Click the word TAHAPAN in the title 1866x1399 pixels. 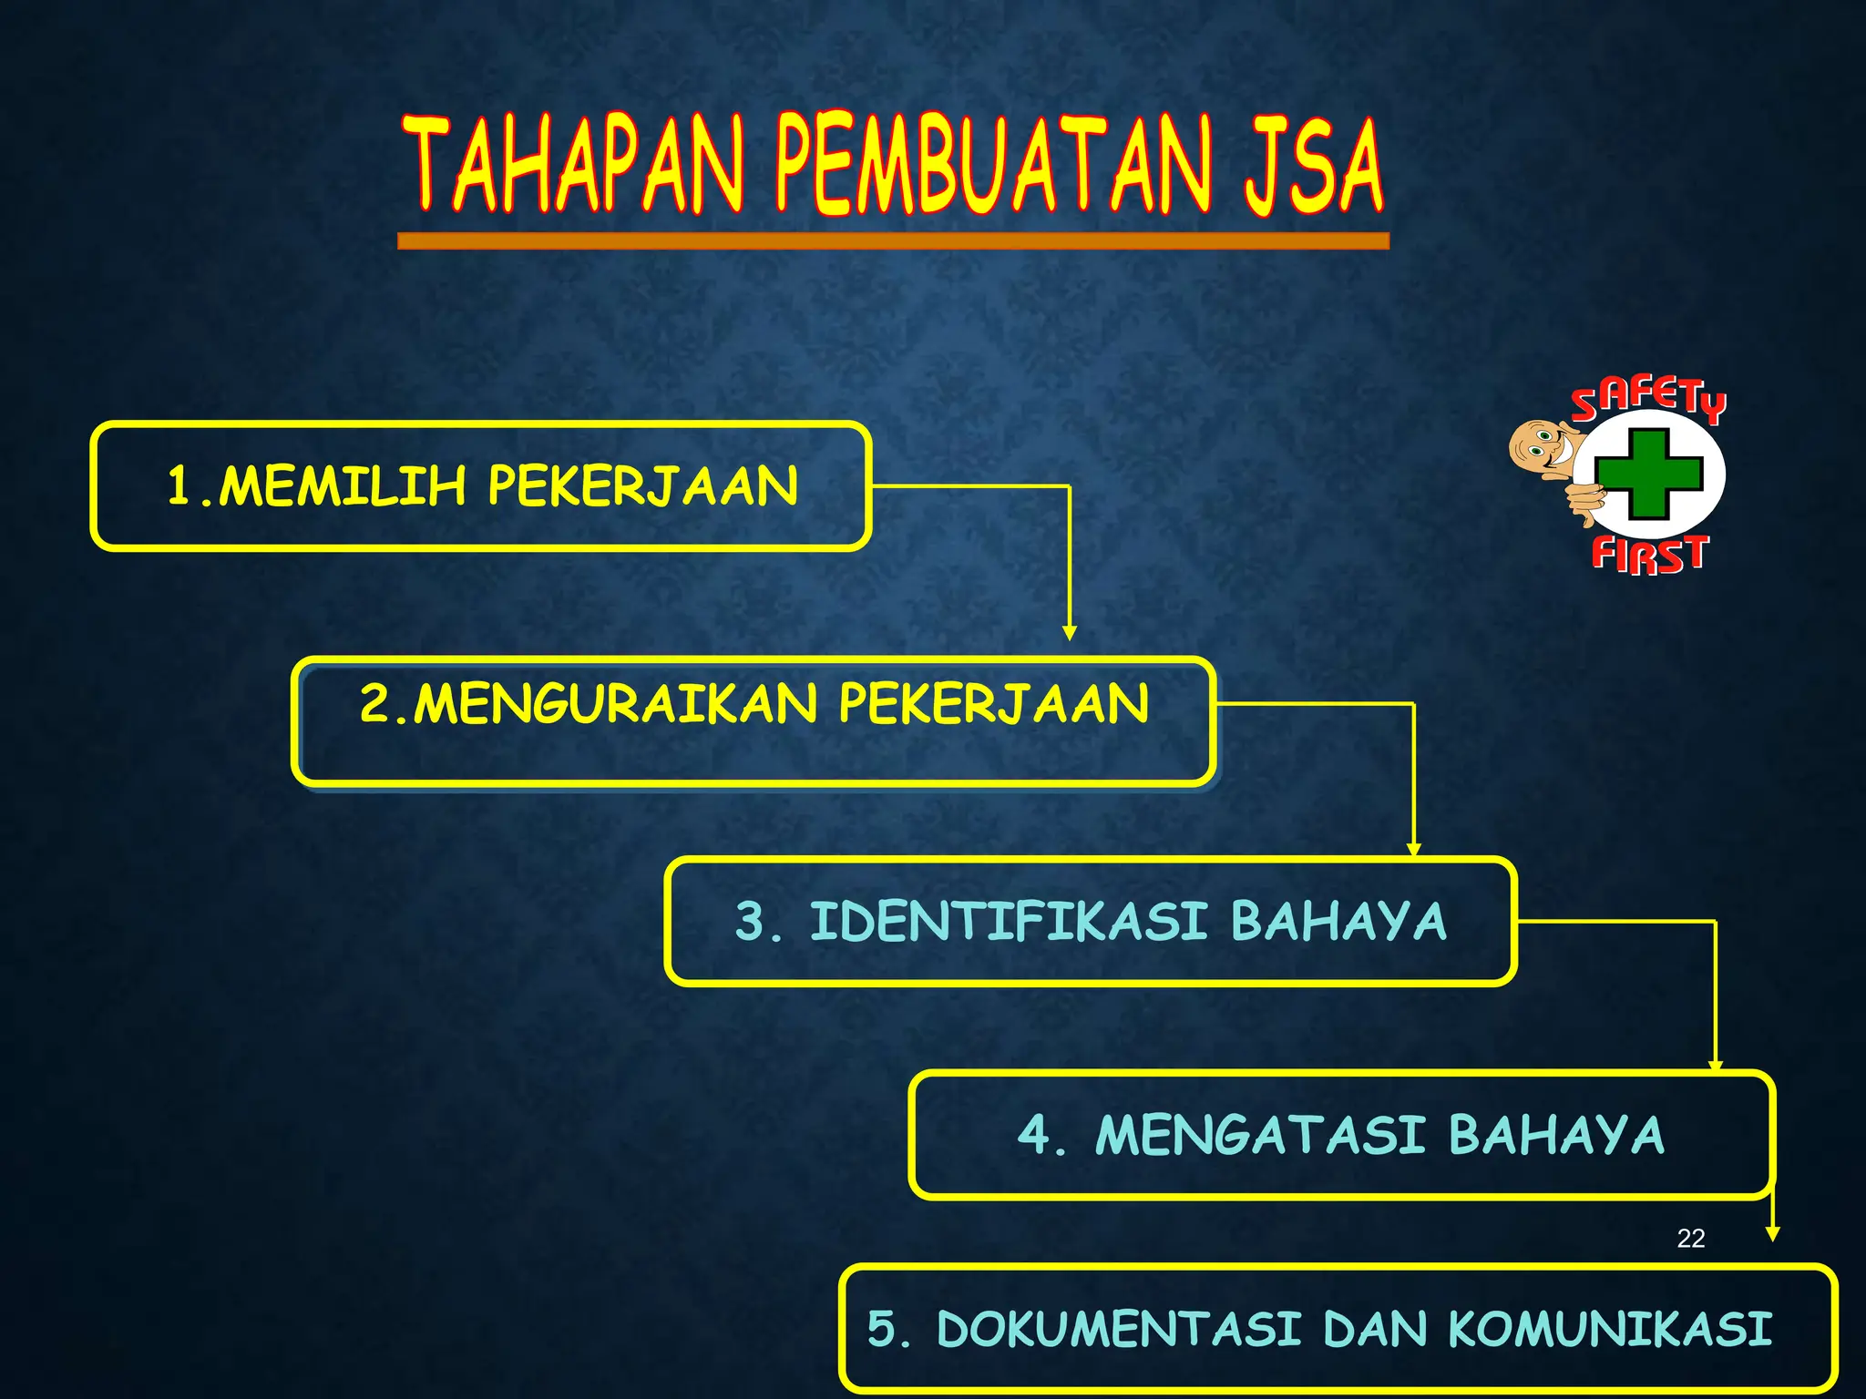click(x=574, y=166)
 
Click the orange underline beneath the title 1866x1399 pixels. click(x=893, y=240)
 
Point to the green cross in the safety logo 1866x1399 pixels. click(x=1648, y=474)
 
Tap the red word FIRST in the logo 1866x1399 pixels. click(x=1649, y=554)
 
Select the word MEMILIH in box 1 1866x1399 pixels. click(x=343, y=485)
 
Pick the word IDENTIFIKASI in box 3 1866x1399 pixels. click(x=1009, y=921)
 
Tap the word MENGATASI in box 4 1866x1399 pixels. click(x=1260, y=1136)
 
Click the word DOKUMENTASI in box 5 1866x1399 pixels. click(x=1119, y=1328)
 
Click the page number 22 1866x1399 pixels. click(x=1690, y=1238)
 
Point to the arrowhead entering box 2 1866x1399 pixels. click(x=1070, y=633)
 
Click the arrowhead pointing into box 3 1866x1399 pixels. click(x=1413, y=850)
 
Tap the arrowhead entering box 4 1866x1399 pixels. click(x=1715, y=1066)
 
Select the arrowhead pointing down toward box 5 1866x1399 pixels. click(x=1772, y=1234)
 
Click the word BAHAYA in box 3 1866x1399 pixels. click(x=1338, y=921)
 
